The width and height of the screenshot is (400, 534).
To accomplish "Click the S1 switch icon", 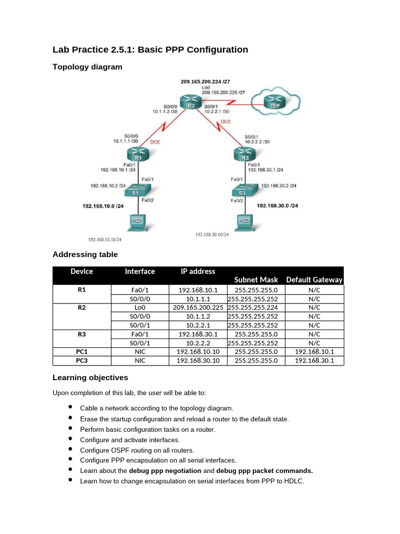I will coord(134,191).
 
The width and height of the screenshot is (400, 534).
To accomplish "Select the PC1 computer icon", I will coord(136,222).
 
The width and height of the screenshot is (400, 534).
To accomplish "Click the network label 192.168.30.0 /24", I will coord(278,206).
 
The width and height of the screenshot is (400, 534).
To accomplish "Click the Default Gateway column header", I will coord(315,280).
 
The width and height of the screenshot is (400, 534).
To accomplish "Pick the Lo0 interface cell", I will coord(140,308).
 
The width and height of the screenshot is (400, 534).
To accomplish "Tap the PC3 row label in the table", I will coord(82,360).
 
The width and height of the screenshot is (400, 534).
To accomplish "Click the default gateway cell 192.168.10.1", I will coord(314,351).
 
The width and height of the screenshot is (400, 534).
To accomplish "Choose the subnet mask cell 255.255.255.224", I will coord(256,308).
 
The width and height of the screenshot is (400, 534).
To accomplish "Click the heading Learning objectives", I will coord(90,378).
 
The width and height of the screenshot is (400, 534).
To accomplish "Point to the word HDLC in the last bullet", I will coord(293,481).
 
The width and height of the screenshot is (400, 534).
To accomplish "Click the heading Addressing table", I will coord(85,254).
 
